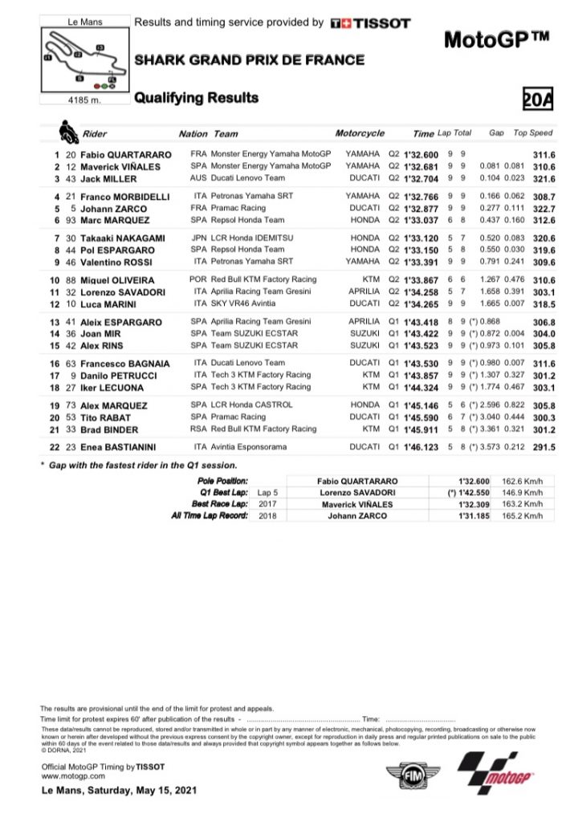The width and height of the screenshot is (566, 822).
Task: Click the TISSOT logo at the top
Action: click(x=370, y=24)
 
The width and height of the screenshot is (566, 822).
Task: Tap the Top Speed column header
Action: click(x=533, y=133)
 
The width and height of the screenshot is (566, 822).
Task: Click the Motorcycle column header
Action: click(x=360, y=133)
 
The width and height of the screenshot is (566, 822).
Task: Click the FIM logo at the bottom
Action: click(x=412, y=778)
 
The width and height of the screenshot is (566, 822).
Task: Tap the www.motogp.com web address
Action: click(x=73, y=776)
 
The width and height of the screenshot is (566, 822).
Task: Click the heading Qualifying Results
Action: click(x=196, y=98)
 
